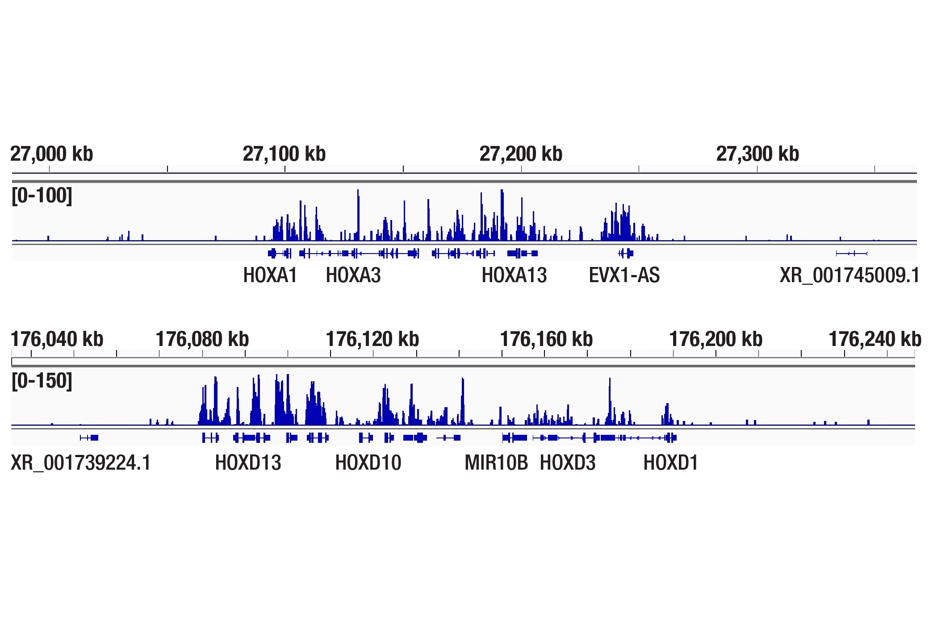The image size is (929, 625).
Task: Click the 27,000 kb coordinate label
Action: (52, 154)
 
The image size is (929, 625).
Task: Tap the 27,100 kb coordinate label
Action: (284, 154)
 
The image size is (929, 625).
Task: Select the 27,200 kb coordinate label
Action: (521, 154)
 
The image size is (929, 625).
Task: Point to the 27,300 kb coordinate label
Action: (757, 154)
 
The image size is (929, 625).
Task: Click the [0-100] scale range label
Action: (42, 196)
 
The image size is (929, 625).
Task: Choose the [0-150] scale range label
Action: (42, 381)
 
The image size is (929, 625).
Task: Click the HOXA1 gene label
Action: (270, 275)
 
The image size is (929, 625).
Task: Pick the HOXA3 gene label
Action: (353, 275)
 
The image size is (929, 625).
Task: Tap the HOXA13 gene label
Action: (514, 275)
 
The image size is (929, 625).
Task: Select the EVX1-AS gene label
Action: (624, 275)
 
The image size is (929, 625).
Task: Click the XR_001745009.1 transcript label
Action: (849, 275)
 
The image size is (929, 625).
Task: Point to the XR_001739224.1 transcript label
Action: (81, 462)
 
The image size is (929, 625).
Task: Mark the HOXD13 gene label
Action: (248, 462)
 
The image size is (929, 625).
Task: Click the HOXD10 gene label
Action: (368, 462)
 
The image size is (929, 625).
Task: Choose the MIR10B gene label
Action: (496, 462)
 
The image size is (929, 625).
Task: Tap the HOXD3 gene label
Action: (568, 462)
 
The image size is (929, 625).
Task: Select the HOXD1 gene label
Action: (670, 462)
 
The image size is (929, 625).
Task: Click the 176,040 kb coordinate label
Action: (57, 339)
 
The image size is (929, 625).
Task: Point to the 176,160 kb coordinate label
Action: (546, 339)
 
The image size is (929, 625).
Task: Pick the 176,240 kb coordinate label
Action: (875, 339)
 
